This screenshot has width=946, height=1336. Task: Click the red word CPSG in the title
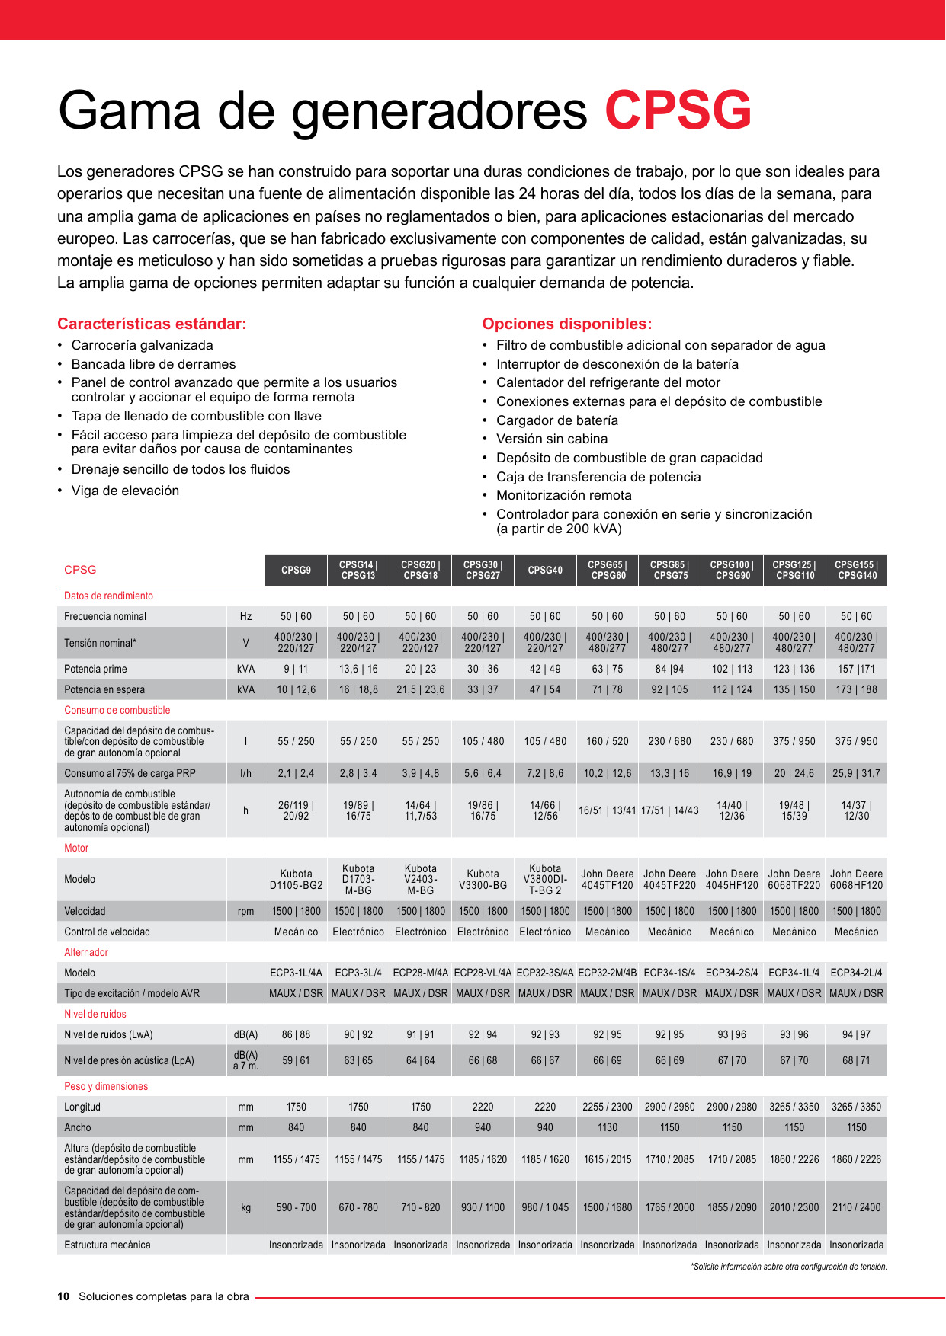coord(678,111)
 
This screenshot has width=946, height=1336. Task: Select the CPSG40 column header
coord(545,571)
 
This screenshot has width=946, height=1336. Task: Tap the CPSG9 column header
coord(296,571)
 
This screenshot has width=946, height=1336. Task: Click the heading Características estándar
coord(152,324)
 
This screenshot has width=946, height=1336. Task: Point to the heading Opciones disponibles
coord(566,324)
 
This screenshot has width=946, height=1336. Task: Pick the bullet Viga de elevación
coord(125,491)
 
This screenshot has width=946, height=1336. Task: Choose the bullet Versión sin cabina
coord(552,439)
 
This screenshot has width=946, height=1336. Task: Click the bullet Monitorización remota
coord(563,495)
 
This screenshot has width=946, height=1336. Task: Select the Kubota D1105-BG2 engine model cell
coord(296,880)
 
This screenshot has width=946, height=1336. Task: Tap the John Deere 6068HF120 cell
coord(856,880)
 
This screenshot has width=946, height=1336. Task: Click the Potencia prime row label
coord(95,669)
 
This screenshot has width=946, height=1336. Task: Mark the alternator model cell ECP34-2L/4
coord(856,973)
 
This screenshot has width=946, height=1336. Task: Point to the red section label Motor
coord(76,848)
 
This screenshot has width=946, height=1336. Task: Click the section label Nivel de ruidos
coord(95,1014)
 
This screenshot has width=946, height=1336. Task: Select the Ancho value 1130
coord(608,1127)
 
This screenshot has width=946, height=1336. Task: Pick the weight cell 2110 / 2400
coord(856,1207)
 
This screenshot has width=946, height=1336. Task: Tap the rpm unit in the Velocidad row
coord(245,911)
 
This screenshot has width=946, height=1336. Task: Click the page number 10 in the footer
coord(63,1296)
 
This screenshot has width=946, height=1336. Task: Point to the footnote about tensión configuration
coord(789,1267)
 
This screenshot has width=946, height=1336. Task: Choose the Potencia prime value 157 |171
coord(856,669)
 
